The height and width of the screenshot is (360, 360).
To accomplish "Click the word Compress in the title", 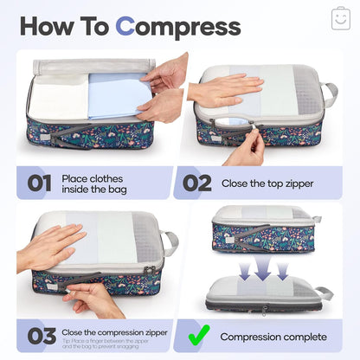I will tap(178, 26).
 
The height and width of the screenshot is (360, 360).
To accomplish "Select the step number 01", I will tap(39, 183).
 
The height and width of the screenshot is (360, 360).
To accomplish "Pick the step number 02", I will tap(196, 183).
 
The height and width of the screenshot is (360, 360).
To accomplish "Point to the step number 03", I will tap(38, 335).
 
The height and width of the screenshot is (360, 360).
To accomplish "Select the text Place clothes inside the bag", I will tap(97, 183).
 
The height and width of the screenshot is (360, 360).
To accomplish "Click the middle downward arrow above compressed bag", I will tap(263, 271).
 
